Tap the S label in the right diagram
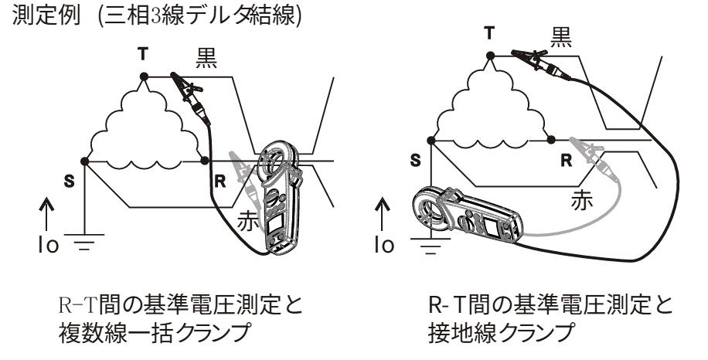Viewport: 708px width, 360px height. [415, 162]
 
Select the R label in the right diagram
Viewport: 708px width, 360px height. [565, 161]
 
